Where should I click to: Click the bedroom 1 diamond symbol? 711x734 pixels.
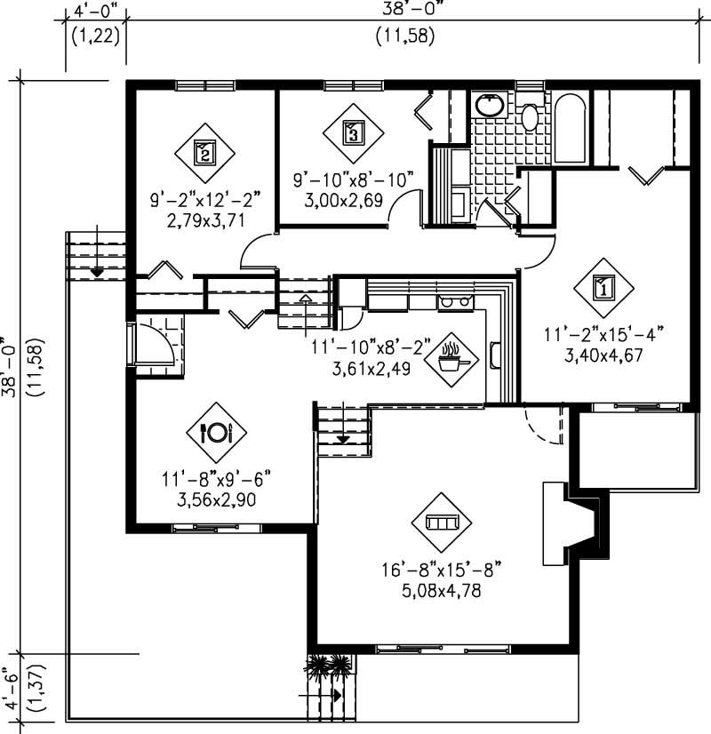[x=603, y=288]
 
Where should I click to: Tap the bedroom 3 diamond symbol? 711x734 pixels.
[x=352, y=134]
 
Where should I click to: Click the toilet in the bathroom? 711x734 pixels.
[x=529, y=115]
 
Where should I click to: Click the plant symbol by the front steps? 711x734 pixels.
[x=328, y=665]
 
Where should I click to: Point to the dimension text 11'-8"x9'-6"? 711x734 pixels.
[x=216, y=480]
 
